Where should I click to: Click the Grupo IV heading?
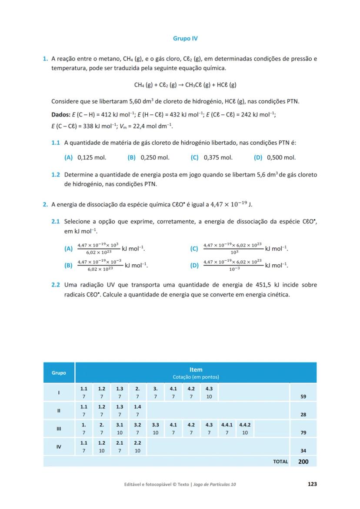coord(185,39)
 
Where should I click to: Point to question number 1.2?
coord(55,175)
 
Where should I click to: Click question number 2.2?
coord(55,285)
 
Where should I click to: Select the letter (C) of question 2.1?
coord(194,249)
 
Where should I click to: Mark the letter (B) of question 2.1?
coord(68,265)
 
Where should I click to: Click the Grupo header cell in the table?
coord(59,373)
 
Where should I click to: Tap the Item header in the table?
coord(196,370)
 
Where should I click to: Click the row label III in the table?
coord(59,429)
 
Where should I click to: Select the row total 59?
coord(303,397)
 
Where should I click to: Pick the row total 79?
coord(303,433)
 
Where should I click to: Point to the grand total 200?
coord(303,462)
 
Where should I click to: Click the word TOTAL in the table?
coord(280,462)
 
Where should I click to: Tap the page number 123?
coord(311,484)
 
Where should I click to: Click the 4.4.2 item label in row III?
coord(245,425)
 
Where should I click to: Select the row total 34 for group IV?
coord(303,451)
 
